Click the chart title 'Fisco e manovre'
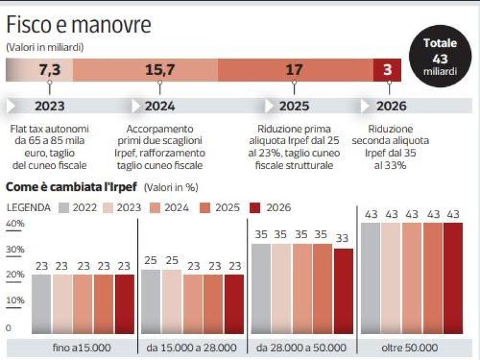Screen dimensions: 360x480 79,26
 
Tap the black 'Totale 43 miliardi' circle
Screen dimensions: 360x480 440,58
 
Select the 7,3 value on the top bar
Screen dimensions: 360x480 49,70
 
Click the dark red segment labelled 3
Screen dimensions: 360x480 387,70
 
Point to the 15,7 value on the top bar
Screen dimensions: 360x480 160,70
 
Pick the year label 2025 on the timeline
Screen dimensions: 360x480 294,106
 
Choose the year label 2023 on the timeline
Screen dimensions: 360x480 49,106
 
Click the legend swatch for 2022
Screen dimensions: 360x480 65,208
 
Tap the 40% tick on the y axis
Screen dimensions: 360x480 15,224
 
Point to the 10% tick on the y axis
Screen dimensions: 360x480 15,300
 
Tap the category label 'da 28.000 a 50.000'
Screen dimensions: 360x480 301,347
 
